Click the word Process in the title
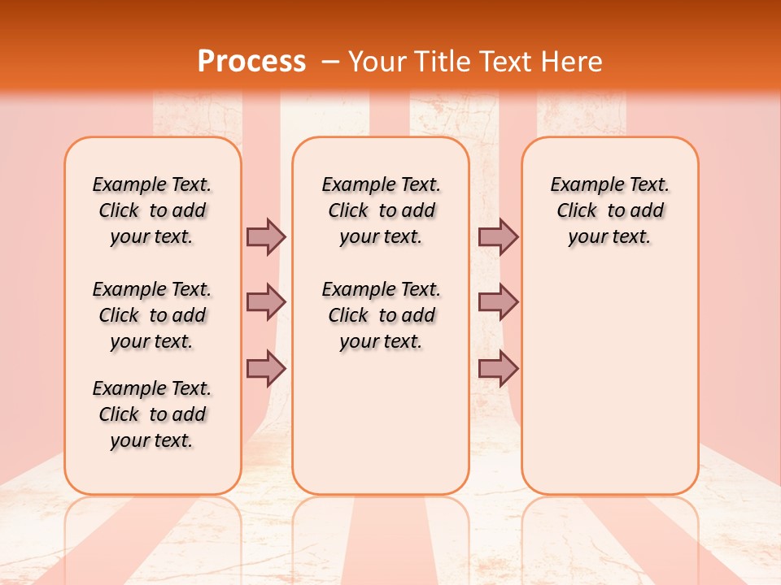pyautogui.click(x=251, y=62)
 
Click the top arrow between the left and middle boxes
pyautogui.click(x=266, y=236)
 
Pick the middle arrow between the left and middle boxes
pyautogui.click(x=266, y=302)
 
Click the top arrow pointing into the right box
pyautogui.click(x=498, y=236)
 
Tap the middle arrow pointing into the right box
pyautogui.click(x=498, y=302)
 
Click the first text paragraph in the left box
pyautogui.click(x=152, y=210)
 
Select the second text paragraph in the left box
pyautogui.click(x=152, y=315)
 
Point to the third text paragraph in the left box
pyautogui.click(x=152, y=414)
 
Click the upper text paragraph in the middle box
pyautogui.click(x=381, y=210)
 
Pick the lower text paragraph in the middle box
pyautogui.click(x=381, y=315)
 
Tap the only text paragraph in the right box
pyautogui.click(x=609, y=210)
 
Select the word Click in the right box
pyautogui.click(x=577, y=211)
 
